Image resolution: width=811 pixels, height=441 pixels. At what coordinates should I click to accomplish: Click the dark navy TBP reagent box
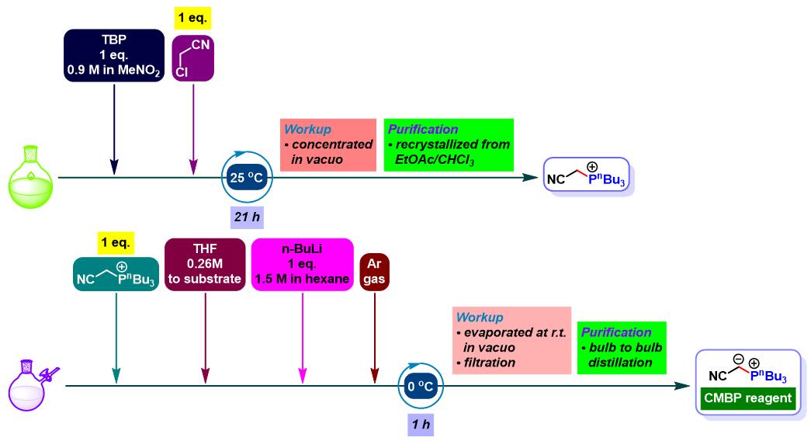point(114,55)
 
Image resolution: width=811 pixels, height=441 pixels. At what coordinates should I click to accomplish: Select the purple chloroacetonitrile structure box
point(193,58)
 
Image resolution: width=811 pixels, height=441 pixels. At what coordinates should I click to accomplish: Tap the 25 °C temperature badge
point(247,178)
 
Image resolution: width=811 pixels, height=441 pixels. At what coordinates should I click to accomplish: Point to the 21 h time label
point(247,217)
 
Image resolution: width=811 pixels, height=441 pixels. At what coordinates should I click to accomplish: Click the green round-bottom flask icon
point(30,177)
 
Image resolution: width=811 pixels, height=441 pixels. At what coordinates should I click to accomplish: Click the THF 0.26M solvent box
point(205,264)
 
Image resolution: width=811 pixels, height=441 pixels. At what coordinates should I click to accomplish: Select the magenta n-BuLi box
point(302,264)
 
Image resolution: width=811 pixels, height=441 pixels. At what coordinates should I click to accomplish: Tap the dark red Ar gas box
point(374,272)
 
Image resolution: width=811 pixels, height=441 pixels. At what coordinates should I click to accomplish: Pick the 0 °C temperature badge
point(421,386)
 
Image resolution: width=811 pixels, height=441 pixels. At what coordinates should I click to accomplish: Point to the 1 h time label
point(421,425)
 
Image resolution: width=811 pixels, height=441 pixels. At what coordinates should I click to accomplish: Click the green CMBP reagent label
point(748,398)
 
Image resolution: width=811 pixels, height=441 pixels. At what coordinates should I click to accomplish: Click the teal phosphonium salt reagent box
point(116,274)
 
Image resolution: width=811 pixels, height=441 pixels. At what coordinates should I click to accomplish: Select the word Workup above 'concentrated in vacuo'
point(308,129)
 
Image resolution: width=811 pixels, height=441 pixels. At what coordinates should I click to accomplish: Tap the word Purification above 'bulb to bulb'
point(616,332)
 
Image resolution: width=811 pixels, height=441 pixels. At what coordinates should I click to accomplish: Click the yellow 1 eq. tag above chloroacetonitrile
point(192,18)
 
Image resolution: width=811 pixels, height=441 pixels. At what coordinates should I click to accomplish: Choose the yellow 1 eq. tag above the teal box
point(116,243)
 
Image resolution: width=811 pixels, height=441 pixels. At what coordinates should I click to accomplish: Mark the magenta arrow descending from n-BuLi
point(303,337)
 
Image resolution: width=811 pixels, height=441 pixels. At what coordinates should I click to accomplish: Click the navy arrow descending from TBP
point(114,128)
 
